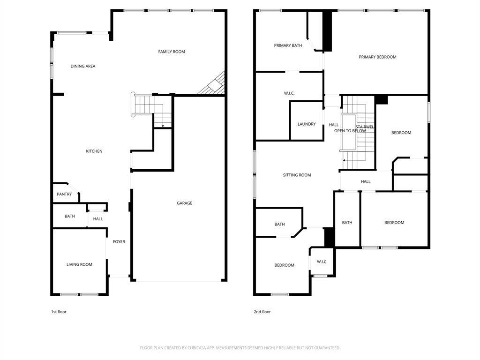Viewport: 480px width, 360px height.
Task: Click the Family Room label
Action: [172, 52]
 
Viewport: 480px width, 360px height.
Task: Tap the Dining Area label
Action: [83, 66]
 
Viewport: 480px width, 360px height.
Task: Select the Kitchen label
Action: [94, 151]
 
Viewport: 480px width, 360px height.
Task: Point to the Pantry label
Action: [64, 194]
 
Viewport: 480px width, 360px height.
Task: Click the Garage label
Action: [185, 203]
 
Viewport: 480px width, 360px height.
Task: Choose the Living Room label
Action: [79, 264]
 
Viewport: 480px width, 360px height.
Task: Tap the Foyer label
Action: [119, 241]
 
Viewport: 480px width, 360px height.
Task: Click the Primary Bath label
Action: [288, 45]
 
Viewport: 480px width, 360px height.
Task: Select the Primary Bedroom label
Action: [377, 57]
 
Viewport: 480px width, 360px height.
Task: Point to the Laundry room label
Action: [307, 124]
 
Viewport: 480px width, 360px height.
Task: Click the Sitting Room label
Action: [297, 175]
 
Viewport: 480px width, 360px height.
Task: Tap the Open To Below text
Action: [350, 131]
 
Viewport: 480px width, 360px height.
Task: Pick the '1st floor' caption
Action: [59, 312]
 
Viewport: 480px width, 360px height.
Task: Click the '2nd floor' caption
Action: [262, 312]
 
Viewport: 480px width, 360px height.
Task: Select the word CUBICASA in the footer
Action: [199, 348]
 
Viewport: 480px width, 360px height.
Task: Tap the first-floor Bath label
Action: [70, 216]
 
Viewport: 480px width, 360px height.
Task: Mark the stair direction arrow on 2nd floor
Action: [346, 160]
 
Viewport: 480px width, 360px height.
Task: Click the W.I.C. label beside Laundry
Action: [289, 93]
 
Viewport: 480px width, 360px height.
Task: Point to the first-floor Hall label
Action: [98, 219]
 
